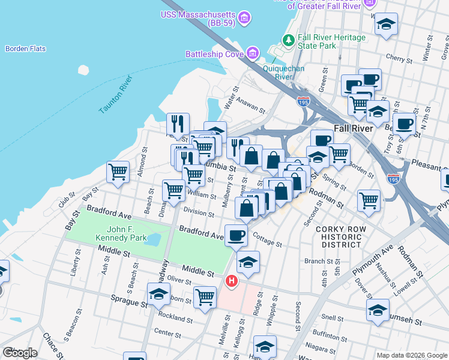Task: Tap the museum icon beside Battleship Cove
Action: pyautogui.click(x=253, y=54)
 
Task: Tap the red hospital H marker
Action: pyautogui.click(x=231, y=281)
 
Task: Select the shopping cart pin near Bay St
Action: pyautogui.click(x=118, y=172)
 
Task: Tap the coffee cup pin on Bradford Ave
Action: pyautogui.click(x=236, y=235)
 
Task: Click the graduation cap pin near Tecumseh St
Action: pyautogui.click(x=378, y=310)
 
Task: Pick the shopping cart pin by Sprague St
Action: pyautogui.click(x=205, y=297)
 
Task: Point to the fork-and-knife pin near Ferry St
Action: pyautogui.click(x=177, y=124)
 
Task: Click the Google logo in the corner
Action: pyautogui.click(x=20, y=352)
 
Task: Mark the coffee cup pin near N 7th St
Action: pyautogui.click(x=405, y=124)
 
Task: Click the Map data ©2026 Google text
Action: pyautogui.click(x=411, y=355)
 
